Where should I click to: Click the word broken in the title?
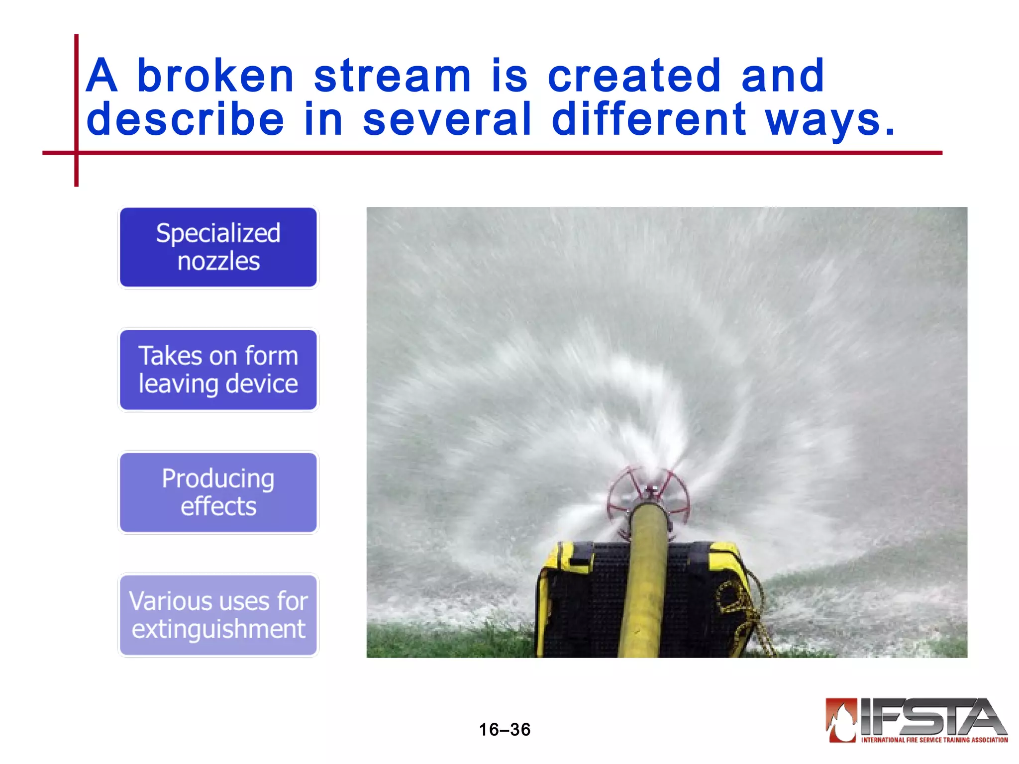point(215,76)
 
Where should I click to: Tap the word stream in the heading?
point(392,76)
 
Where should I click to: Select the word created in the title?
point(634,76)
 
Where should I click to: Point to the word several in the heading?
point(447,119)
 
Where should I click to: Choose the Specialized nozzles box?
point(218,247)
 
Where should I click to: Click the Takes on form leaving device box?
point(218,370)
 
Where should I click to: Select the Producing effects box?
point(218,492)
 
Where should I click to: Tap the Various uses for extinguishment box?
point(218,615)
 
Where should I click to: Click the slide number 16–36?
point(505,730)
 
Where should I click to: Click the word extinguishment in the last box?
point(218,629)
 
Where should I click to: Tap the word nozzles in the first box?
point(218,261)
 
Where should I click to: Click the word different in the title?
point(649,119)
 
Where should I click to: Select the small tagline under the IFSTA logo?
point(934,740)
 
